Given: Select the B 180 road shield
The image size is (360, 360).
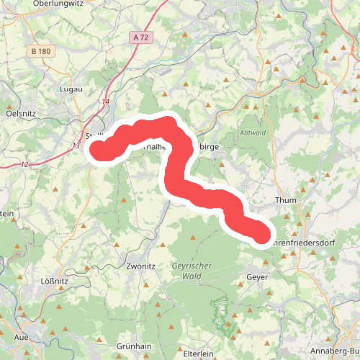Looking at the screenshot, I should [x=42, y=51].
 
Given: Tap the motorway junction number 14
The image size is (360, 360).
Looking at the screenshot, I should [x=106, y=102].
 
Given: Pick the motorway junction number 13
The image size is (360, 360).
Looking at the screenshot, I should [x=76, y=145].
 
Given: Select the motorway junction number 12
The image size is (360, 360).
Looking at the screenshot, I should [x=25, y=165].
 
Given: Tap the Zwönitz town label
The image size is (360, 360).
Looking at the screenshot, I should [x=140, y=266].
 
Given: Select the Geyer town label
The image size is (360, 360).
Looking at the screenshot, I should [x=257, y=276].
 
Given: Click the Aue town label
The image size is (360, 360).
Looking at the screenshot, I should [x=21, y=337].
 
